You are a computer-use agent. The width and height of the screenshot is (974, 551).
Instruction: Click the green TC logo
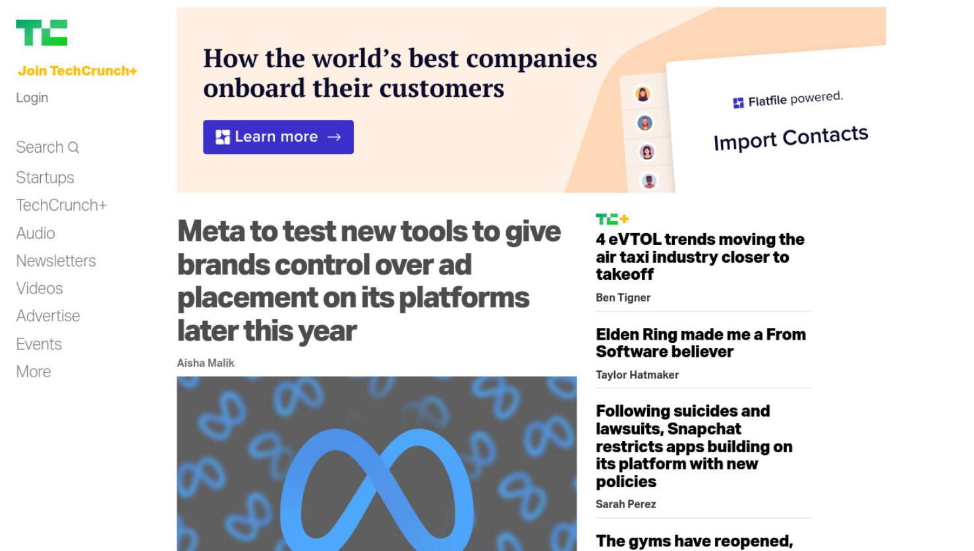42,32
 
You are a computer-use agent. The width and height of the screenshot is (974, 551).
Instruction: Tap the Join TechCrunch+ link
77,71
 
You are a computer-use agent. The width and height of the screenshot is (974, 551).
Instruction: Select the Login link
32,97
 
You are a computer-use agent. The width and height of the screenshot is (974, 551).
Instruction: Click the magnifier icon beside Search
74,147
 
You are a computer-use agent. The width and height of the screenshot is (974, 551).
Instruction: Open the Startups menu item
45,178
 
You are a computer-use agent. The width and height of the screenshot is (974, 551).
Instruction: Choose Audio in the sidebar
36,233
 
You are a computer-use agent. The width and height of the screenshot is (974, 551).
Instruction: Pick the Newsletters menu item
56,261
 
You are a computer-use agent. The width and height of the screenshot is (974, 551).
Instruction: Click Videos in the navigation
40,288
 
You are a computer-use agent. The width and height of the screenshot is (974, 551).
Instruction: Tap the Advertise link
48,316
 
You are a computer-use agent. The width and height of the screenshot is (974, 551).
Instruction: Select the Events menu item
39,344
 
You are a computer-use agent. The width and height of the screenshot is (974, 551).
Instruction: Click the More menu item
34,372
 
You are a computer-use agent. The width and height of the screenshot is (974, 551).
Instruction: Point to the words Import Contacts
791,138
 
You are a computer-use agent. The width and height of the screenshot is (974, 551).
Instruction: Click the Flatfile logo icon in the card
738,103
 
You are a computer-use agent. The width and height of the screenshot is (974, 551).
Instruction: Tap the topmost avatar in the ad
643,93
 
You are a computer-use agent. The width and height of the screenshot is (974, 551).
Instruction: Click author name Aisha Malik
206,363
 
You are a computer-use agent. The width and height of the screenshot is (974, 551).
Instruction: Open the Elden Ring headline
701,343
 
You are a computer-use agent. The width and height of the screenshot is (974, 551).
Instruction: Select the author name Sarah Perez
625,504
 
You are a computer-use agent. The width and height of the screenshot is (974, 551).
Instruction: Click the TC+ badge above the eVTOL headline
612,219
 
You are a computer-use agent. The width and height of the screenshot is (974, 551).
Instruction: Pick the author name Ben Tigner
623,298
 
